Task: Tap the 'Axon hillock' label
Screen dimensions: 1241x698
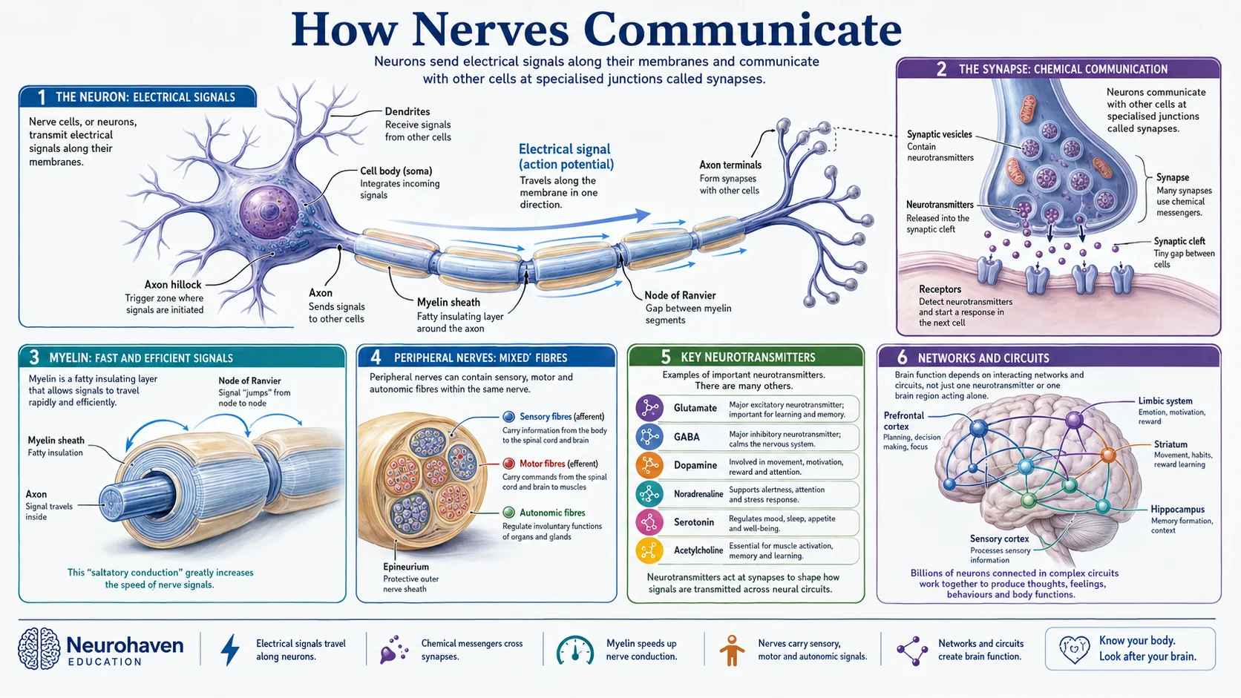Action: [x=173, y=285]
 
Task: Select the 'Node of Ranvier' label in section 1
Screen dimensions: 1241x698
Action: [x=680, y=295]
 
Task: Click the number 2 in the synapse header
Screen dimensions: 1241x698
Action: [x=941, y=69]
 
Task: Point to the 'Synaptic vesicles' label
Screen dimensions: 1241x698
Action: [x=939, y=134]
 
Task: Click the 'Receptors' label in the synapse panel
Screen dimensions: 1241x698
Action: [x=940, y=289]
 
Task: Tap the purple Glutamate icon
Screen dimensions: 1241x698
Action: [x=649, y=408]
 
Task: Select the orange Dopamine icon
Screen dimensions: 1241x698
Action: [x=649, y=465]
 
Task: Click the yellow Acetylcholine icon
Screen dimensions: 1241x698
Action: [x=649, y=550]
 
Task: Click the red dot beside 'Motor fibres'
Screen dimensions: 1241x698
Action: [x=508, y=464]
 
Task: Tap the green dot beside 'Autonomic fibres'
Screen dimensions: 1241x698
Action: [x=508, y=513]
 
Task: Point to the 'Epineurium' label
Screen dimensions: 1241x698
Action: [x=405, y=567]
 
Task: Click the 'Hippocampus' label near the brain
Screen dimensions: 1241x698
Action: [x=1177, y=510]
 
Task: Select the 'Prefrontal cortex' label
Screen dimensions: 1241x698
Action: [x=903, y=421]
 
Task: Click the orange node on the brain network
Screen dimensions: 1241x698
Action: [x=1108, y=455]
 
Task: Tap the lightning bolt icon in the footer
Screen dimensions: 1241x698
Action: [x=231, y=649]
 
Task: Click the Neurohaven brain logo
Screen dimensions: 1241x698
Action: [x=39, y=648]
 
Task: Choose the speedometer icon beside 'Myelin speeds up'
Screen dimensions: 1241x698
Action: [x=574, y=650]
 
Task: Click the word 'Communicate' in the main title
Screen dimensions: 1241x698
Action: [x=742, y=30]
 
